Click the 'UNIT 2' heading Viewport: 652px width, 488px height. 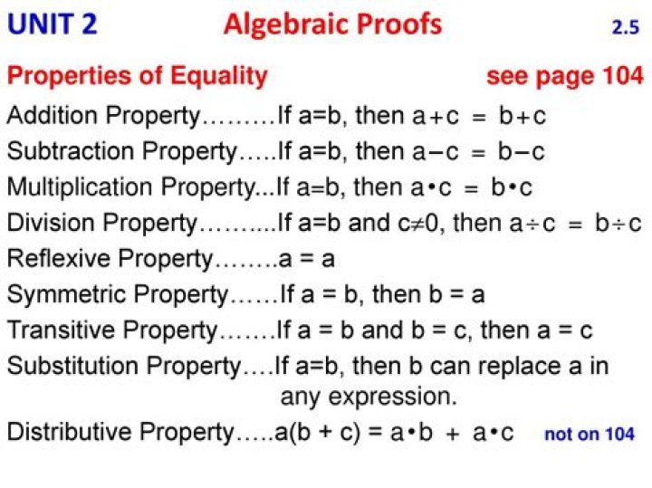[53, 24]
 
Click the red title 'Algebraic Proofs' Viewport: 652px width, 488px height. [332, 24]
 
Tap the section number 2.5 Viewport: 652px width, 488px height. [625, 28]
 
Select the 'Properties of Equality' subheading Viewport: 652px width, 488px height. [138, 76]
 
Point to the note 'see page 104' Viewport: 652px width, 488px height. [564, 76]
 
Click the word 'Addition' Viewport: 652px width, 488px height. [54, 116]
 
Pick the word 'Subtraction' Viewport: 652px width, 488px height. [63, 151]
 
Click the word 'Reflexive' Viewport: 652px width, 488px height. [57, 258]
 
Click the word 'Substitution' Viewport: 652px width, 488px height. [68, 366]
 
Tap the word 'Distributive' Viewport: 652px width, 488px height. [66, 433]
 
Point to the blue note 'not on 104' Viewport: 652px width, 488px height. [589, 435]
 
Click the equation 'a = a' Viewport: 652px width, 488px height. [307, 259]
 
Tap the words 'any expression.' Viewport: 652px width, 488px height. [369, 397]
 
